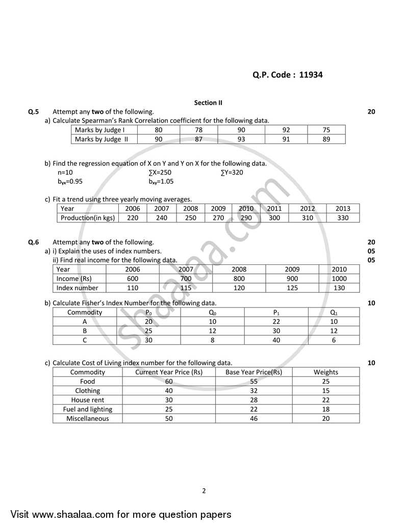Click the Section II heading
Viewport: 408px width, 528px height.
click(208, 103)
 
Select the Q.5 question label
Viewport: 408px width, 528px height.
click(33, 111)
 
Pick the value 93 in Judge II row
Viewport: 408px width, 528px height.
click(241, 139)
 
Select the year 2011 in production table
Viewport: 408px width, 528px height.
click(274, 209)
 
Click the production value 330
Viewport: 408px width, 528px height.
click(343, 218)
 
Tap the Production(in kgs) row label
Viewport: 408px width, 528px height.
click(88, 218)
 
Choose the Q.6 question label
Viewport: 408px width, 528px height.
click(33, 242)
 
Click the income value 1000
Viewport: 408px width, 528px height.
click(339, 279)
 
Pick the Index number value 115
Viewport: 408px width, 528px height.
click(185, 288)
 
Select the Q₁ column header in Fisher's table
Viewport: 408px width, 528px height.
click(334, 312)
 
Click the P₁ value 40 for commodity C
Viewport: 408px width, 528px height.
click(276, 340)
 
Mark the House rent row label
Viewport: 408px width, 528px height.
click(88, 400)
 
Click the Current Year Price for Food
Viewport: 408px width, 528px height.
click(169, 382)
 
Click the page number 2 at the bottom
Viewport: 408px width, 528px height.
click(204, 491)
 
